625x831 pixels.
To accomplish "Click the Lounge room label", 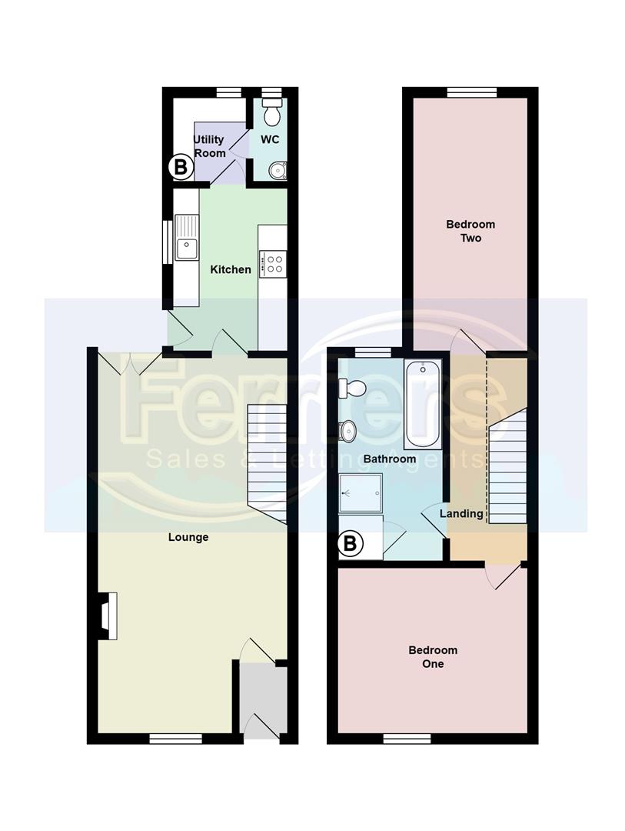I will (188, 537).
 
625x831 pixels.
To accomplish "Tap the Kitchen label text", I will (231, 269).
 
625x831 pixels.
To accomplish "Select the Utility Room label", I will (209, 146).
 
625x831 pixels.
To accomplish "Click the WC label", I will (270, 139).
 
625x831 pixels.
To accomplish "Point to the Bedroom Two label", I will (470, 231).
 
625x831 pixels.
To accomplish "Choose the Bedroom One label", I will (433, 656).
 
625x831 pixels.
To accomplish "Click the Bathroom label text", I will (390, 459).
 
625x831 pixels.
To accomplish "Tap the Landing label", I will (461, 513).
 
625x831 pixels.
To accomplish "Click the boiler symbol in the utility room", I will (180, 165).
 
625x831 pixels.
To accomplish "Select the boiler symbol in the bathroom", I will (350, 545).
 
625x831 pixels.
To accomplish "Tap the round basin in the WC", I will (278, 169).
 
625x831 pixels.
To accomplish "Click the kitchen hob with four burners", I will (273, 263).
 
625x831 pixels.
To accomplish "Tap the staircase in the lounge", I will (267, 462).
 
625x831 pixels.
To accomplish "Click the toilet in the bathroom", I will (352, 388).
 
